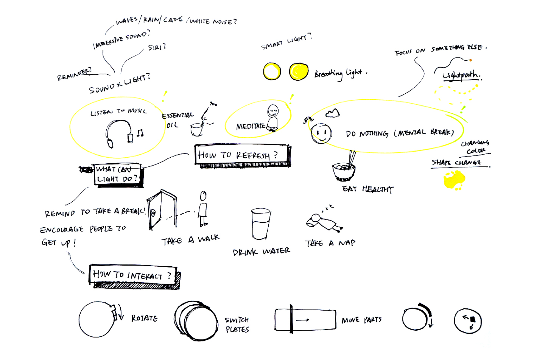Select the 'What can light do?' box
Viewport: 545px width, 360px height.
point(117,174)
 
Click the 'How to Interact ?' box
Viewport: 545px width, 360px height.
point(133,275)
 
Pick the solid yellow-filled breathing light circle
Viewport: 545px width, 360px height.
point(299,72)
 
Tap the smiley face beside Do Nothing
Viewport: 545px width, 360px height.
point(321,133)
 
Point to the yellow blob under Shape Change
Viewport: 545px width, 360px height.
point(455,179)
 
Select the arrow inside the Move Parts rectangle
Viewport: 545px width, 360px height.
point(302,320)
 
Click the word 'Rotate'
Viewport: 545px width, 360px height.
point(144,318)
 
